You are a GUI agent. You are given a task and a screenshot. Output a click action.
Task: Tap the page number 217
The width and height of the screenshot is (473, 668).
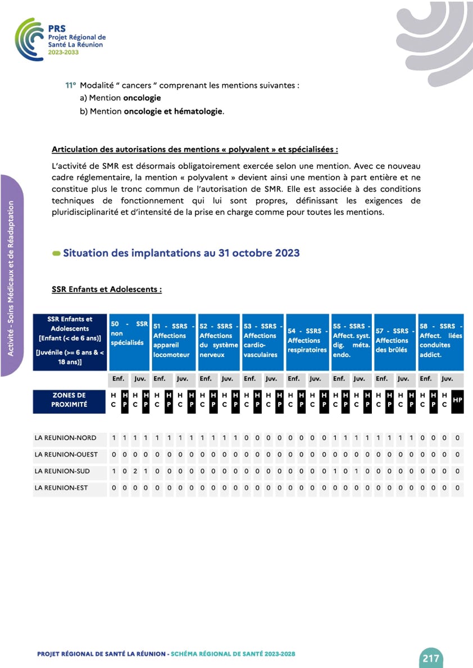point(430,658)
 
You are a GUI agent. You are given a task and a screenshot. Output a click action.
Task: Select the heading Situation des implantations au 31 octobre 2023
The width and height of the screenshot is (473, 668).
point(181,253)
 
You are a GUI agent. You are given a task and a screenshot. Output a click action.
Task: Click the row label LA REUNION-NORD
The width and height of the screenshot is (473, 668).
point(65,438)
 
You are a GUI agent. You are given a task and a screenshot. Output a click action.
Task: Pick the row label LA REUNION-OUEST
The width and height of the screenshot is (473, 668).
point(66,455)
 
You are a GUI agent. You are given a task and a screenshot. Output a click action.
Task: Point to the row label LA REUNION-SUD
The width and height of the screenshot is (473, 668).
point(62,472)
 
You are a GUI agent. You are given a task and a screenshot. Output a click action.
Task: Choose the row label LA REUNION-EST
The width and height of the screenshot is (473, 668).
point(61,488)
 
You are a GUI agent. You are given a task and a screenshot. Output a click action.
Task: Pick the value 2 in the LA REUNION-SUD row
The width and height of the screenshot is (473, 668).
point(135,472)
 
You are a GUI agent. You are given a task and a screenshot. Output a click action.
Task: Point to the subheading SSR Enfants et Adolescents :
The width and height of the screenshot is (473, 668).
point(107,290)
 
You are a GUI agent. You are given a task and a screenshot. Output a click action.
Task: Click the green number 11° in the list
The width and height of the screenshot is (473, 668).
point(70,86)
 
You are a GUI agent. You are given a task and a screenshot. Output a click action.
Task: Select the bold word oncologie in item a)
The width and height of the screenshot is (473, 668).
point(142,98)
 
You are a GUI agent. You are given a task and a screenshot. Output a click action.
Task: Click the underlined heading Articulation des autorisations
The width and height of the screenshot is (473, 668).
point(195,150)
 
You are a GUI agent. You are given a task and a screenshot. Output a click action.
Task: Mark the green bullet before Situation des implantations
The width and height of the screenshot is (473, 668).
point(56,254)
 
